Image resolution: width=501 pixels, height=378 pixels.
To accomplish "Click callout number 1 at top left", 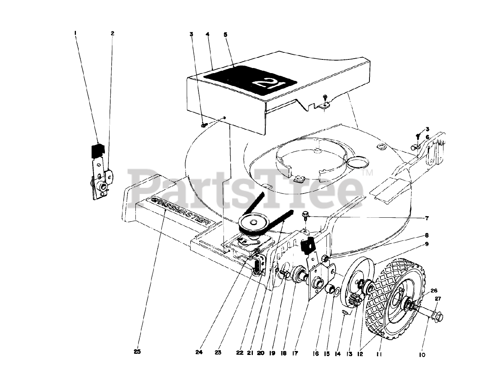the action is (x=75, y=34).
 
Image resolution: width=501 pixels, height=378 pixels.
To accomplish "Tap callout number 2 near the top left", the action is (x=112, y=34).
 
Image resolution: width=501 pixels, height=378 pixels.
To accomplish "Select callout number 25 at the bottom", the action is (x=137, y=351).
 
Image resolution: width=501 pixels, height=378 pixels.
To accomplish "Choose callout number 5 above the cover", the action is (x=225, y=34).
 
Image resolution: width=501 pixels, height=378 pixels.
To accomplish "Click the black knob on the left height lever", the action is (x=98, y=150).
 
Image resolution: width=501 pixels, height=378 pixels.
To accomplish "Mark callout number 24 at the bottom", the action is (x=199, y=352).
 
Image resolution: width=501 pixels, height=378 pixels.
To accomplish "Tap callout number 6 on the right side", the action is (x=427, y=137).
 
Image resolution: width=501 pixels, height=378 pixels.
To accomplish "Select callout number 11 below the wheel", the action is (x=378, y=355).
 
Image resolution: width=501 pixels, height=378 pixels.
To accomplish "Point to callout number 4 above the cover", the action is (x=207, y=34).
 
